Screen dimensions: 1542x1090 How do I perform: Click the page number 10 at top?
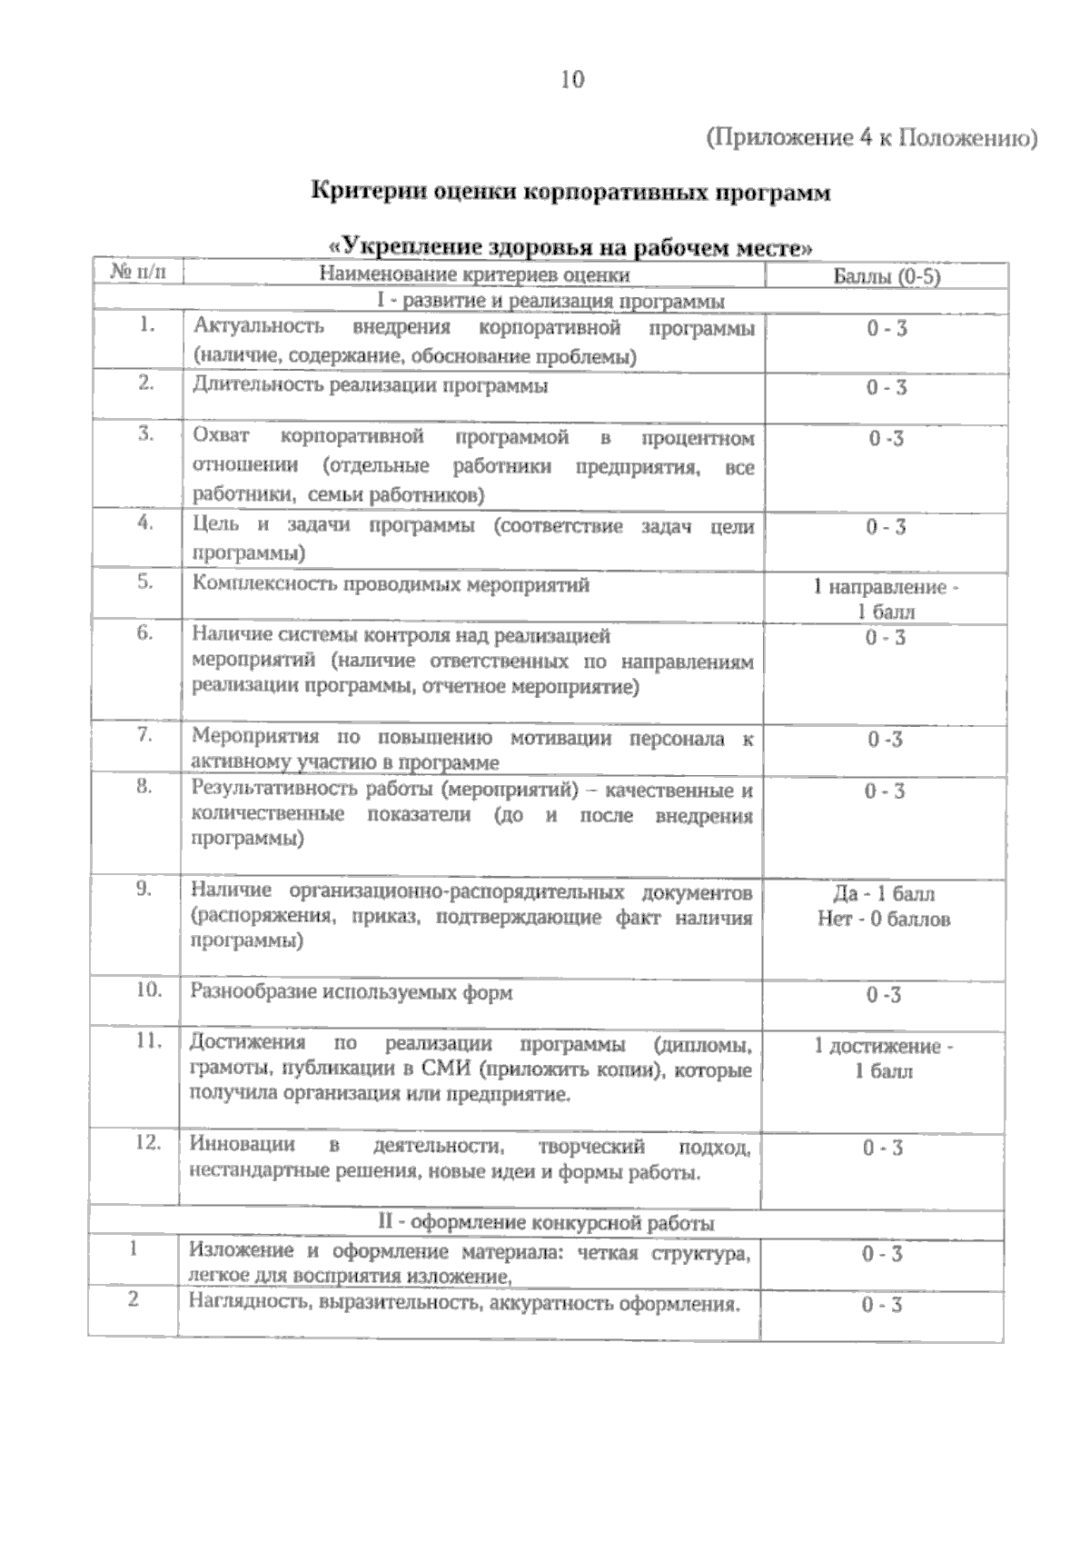572,80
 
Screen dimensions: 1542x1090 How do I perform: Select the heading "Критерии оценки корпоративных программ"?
570,193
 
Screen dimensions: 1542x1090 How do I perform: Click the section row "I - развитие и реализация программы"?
550,301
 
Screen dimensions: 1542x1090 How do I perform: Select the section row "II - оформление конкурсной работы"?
546,1223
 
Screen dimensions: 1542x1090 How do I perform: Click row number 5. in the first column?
145,582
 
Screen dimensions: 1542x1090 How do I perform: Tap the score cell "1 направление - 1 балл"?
886,599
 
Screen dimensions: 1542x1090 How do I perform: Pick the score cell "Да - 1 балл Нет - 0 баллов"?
883,906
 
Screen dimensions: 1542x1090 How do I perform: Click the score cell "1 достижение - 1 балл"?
883,1059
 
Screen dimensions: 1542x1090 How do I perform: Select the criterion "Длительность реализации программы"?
371,385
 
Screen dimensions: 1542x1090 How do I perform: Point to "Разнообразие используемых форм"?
352,992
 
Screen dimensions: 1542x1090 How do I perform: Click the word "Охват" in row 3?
221,436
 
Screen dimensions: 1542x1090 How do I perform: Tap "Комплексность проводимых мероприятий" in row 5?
391,584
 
